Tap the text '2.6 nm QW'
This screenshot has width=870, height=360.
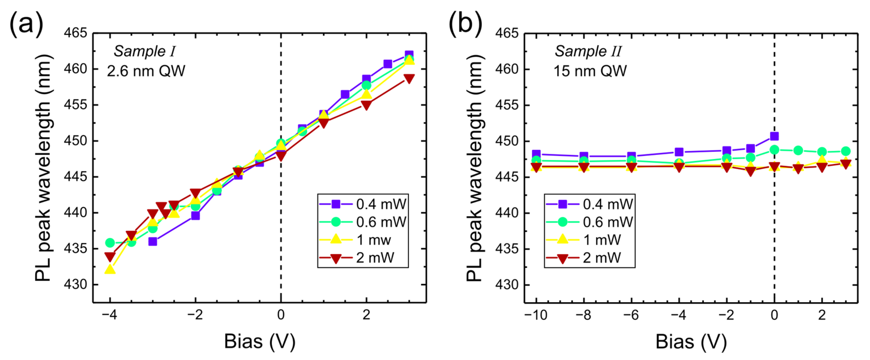pyautogui.click(x=146, y=71)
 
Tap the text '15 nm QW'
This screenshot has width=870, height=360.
pyautogui.click(x=590, y=71)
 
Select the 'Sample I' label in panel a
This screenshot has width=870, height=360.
pyautogui.click(x=145, y=51)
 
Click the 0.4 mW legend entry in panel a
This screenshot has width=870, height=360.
pyautogui.click(x=363, y=204)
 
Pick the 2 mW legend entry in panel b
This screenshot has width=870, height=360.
pyautogui.click(x=590, y=258)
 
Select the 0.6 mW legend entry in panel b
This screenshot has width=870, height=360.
pyautogui.click(x=590, y=222)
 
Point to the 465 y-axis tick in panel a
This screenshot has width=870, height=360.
pyautogui.click(x=75, y=33)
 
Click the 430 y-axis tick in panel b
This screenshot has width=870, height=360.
pyautogui.click(x=506, y=285)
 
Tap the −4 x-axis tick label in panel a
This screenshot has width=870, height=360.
pyautogui.click(x=109, y=315)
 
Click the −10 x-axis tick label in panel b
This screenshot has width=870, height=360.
pyautogui.click(x=535, y=315)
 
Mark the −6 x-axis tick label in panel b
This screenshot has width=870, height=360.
pyautogui.click(x=631, y=315)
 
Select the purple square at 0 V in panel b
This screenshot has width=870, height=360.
pyautogui.click(x=774, y=136)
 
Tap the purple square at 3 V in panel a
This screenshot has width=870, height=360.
pyautogui.click(x=409, y=54)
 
